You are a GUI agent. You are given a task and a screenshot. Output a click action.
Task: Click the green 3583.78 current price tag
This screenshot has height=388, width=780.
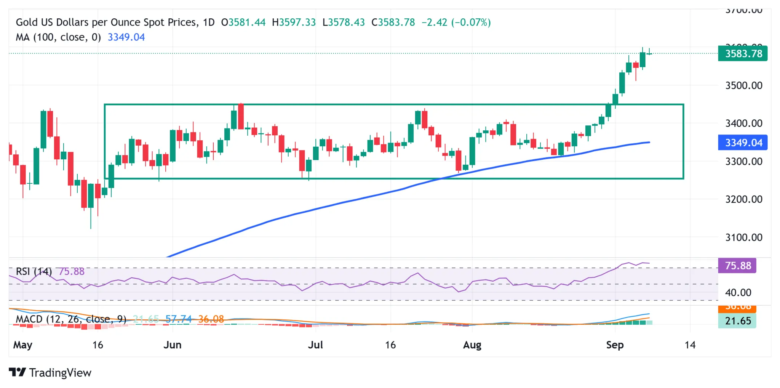[742, 53]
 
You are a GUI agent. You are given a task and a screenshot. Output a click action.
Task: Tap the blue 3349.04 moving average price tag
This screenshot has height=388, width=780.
[742, 143]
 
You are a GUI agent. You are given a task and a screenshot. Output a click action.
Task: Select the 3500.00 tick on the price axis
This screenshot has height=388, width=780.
[743, 85]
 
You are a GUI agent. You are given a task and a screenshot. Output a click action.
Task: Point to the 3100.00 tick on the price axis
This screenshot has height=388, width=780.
[743, 237]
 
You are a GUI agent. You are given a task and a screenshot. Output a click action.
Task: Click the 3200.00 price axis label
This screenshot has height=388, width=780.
[743, 199]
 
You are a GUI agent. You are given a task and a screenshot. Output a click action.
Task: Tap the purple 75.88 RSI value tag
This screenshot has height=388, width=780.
[737, 266]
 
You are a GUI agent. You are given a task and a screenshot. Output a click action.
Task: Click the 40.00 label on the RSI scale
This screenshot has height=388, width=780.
[738, 293]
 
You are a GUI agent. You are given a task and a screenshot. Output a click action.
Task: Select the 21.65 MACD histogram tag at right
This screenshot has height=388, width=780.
[737, 321]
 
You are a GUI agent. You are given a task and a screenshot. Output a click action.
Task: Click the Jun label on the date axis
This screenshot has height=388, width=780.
[172, 345]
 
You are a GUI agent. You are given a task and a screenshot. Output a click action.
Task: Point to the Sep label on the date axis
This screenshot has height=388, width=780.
[614, 345]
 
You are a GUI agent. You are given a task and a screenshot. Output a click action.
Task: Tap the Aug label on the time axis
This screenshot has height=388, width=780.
[472, 345]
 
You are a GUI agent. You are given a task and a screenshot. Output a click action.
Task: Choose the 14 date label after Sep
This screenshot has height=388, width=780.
[690, 345]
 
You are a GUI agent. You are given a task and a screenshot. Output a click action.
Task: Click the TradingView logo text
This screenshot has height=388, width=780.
[60, 372]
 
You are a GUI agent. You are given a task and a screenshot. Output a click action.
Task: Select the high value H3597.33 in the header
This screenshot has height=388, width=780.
[294, 22]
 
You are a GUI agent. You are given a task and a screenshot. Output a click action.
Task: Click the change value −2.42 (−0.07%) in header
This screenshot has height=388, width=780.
[456, 22]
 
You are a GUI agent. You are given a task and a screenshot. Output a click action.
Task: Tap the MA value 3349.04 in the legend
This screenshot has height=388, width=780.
[126, 37]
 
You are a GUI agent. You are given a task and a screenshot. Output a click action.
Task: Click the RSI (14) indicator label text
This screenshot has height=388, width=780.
[34, 271]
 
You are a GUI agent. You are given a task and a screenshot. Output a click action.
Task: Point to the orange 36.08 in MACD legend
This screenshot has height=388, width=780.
[211, 319]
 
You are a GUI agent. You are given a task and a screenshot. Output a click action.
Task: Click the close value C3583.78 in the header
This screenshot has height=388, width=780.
[393, 22]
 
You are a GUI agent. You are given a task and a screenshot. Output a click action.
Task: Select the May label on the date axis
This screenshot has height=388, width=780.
[22, 345]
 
